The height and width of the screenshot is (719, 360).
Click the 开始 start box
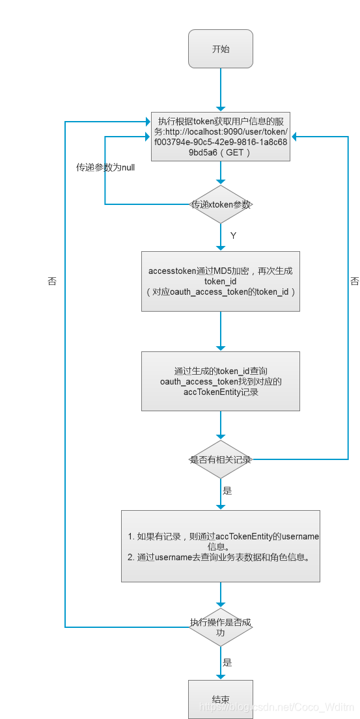tap(220, 49)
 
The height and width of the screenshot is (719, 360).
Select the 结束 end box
tap(220, 699)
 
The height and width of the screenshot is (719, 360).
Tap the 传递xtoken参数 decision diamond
tap(221, 204)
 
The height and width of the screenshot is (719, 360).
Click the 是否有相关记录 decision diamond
tap(221, 459)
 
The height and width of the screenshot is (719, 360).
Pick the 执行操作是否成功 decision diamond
tap(221, 627)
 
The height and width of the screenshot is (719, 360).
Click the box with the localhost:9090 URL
tap(221, 136)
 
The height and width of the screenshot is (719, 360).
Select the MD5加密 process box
tap(221, 281)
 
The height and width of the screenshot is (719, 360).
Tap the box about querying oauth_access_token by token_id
tap(221, 381)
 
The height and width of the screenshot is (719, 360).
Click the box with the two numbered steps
tap(221, 546)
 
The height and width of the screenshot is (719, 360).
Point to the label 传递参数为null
tap(105, 167)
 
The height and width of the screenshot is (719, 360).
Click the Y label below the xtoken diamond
tap(232, 235)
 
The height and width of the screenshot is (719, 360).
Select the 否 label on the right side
tap(355, 281)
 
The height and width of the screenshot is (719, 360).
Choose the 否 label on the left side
tap(52, 281)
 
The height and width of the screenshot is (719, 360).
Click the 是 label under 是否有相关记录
tap(227, 491)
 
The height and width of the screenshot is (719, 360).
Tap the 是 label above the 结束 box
tap(227, 662)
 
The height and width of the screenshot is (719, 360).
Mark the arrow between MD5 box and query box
tap(221, 332)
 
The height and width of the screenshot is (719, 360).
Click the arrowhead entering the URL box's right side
tap(295, 136)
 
